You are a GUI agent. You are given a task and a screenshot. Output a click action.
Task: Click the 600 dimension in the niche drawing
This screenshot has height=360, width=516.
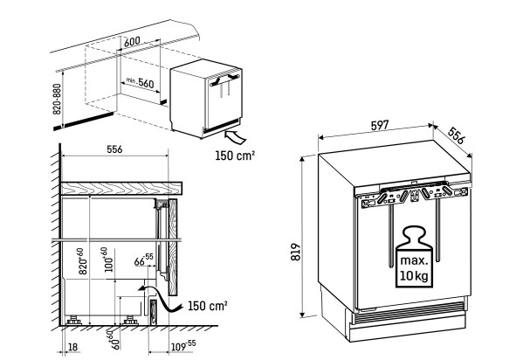(133, 41)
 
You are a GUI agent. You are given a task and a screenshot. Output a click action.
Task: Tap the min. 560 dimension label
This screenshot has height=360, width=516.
(141, 82)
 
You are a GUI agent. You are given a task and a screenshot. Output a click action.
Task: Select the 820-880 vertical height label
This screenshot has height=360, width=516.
(57, 99)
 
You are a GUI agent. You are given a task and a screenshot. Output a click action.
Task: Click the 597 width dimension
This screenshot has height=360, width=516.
(380, 125)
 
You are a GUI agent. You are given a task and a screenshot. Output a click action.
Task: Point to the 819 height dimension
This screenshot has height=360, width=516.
(296, 252)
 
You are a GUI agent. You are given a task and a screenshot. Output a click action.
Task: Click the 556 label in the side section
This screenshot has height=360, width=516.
(114, 149)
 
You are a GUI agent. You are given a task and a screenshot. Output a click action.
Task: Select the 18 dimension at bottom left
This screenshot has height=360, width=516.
(73, 347)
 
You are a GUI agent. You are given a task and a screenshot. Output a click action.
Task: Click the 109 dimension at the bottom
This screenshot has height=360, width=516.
(183, 346)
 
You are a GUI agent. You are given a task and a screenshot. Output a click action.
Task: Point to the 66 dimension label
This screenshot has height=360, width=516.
(144, 260)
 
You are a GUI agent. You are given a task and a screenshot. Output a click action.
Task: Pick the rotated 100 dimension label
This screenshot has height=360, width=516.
(108, 260)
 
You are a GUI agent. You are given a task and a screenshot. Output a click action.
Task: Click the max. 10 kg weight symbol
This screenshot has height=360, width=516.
(414, 257)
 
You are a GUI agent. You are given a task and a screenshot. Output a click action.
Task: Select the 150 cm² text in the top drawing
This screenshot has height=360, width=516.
(235, 156)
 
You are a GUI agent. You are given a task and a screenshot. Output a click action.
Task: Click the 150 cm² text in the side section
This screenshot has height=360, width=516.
(207, 306)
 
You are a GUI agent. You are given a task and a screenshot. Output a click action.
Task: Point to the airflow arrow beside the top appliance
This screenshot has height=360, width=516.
(235, 136)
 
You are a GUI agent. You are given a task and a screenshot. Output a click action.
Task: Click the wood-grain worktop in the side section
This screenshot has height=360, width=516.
(121, 188)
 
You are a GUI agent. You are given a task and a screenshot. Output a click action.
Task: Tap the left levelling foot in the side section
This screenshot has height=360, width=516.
(74, 320)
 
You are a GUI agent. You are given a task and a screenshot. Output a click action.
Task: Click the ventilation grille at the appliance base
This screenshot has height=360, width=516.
(408, 311)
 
